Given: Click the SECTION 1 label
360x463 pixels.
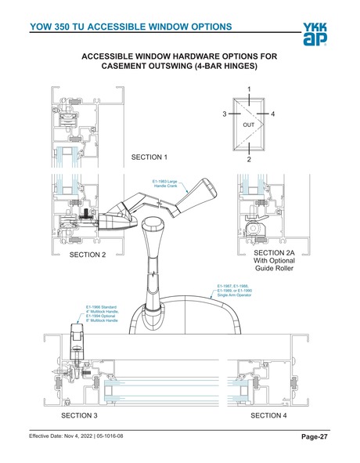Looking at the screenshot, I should [149, 157].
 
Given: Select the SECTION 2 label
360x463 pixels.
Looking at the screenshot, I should [88, 255].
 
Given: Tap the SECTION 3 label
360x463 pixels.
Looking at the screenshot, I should [79, 414].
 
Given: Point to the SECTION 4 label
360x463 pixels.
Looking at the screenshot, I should [268, 414].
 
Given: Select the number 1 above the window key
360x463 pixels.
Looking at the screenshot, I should [249, 89].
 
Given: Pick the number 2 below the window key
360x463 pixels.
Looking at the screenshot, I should [249, 159].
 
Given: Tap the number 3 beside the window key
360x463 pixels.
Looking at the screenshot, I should [224, 114].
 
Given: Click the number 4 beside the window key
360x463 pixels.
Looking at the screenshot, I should [272, 114].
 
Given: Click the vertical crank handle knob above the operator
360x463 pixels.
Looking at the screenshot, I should [153, 235].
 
